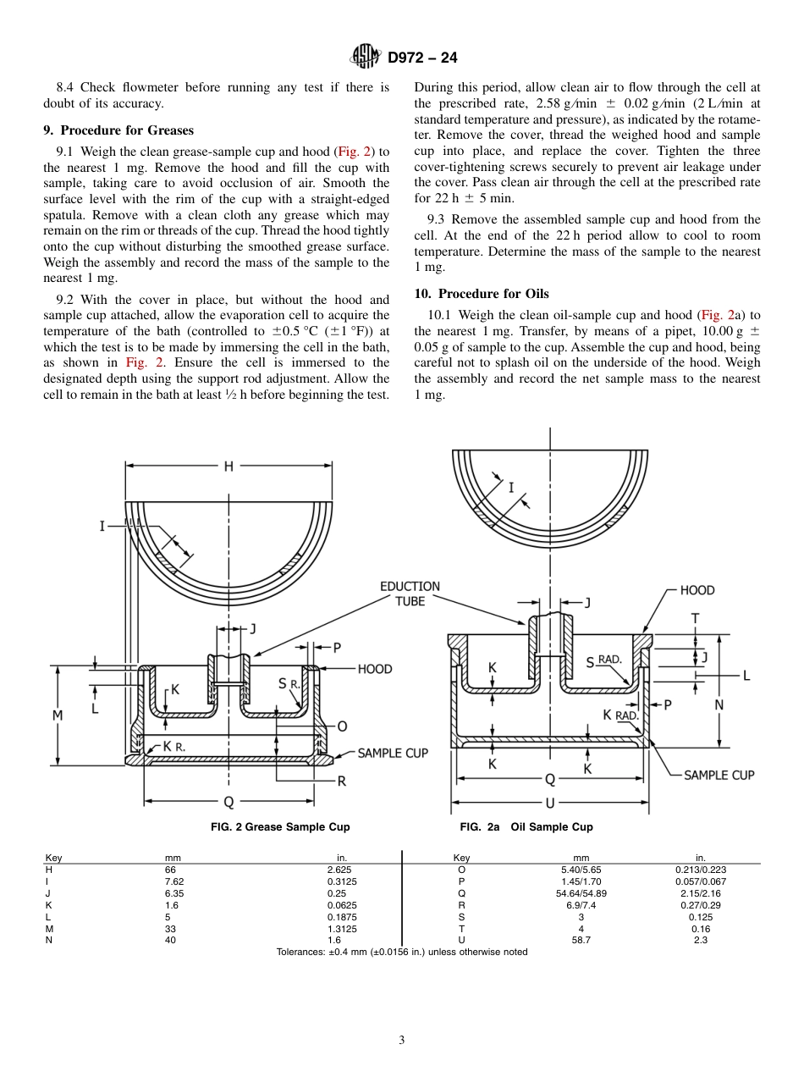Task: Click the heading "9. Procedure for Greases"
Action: click(x=118, y=130)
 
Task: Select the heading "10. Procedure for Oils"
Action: click(x=482, y=294)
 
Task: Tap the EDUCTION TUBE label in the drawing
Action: click(x=410, y=594)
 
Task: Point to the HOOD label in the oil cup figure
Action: click(x=697, y=590)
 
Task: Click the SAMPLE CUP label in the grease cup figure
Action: click(x=393, y=753)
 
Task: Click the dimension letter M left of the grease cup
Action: click(x=58, y=715)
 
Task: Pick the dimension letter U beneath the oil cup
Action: click(x=550, y=802)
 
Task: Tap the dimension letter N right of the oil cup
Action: click(x=719, y=704)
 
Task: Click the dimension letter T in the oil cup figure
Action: click(x=696, y=619)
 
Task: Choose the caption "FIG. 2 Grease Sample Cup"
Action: click(x=280, y=827)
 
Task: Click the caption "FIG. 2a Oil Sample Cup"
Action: click(x=526, y=827)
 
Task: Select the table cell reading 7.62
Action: click(x=173, y=881)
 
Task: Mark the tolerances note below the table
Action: click(x=402, y=953)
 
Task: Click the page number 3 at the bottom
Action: click(x=402, y=1041)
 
